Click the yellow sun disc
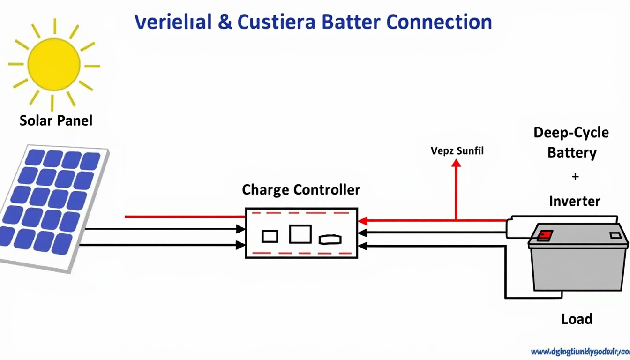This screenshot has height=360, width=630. pos(53,64)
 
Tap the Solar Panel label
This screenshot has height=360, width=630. pos(56,120)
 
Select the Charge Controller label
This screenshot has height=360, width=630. pos(301,190)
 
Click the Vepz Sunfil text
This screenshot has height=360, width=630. pos(457,151)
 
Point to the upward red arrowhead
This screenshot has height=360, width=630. pos(456,163)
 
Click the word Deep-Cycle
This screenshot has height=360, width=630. pos(571,133)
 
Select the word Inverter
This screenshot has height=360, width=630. pos(574,202)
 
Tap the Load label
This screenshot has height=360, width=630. pos(577,319)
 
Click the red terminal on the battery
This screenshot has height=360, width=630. pos(545,235)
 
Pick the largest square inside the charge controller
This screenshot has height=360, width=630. pos(300,234)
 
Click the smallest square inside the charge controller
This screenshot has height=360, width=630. pos(270,236)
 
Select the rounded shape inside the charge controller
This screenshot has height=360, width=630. pos(330,240)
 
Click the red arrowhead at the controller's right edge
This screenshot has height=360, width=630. pos(362,221)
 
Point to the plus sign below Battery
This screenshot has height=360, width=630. pos(575,177)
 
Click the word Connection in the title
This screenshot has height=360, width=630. pos(440,22)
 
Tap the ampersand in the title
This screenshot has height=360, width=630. pos(225,22)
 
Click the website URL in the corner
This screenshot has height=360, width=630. pos(580,352)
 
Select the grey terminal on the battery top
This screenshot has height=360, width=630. pos(615,235)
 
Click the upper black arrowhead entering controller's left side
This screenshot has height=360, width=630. pos(240,229)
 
